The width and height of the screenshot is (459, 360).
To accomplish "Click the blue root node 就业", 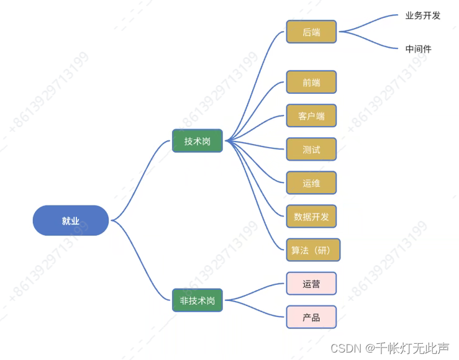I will click(71, 220).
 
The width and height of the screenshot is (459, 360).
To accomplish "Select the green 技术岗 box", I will click(197, 141).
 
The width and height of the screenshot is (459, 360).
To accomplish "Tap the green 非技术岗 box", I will click(197, 300).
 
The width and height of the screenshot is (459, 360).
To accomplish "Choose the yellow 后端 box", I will click(311, 32).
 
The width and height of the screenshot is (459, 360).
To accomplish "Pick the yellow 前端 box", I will click(311, 82).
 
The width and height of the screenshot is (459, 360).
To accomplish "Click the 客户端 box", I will click(311, 115).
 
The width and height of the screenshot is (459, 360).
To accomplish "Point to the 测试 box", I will click(311, 149).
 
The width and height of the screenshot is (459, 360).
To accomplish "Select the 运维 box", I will click(311, 182).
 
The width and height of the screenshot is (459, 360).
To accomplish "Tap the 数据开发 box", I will click(311, 216).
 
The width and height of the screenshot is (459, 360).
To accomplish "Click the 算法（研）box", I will click(314, 250).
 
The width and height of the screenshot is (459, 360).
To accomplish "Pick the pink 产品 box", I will click(311, 317).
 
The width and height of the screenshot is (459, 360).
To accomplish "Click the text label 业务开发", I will click(422, 16).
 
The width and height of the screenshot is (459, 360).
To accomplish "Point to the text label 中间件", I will click(418, 48).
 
